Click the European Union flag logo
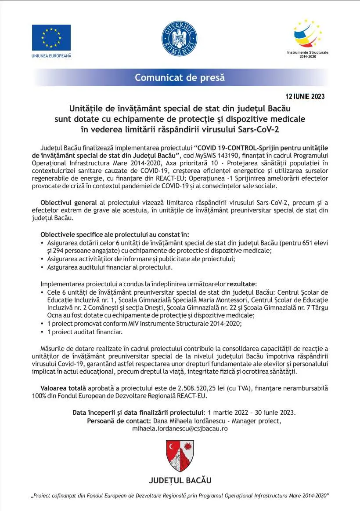coord(51,38)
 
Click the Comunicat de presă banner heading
coord(180,77)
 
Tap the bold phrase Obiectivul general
coord(68,203)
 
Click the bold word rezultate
coord(241,284)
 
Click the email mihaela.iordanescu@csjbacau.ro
coord(180,428)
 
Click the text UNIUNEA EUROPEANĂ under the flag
coord(51,56)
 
